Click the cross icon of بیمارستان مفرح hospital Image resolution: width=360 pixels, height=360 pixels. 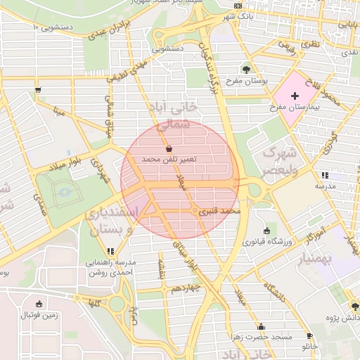294,95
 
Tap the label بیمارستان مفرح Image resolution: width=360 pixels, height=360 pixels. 294,109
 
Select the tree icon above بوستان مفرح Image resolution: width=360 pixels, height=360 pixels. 246,69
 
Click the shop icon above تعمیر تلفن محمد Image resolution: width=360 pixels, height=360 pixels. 169,149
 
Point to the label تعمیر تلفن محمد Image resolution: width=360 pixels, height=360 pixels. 169,160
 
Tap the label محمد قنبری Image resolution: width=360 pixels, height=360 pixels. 221,210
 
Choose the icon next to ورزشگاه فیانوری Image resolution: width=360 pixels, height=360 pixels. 266,231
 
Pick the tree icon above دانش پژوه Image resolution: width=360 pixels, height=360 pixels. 355,306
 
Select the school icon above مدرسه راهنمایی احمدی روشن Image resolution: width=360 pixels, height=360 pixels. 110,251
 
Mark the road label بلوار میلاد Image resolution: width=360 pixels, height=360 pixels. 66,166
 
